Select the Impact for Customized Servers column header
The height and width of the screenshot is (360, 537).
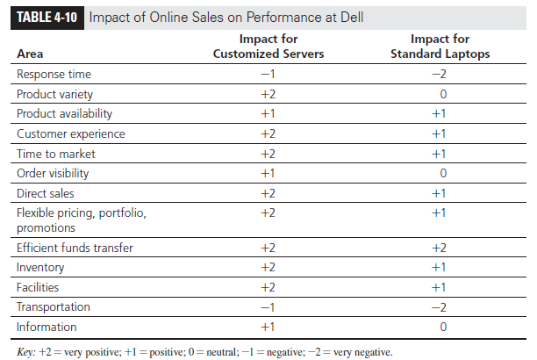(269, 47)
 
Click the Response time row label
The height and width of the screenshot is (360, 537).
(54, 74)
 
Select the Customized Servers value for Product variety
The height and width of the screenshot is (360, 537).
(269, 94)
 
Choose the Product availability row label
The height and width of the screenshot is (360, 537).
(64, 113)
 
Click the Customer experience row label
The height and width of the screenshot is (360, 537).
(70, 133)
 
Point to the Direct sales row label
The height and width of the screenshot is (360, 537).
(47, 192)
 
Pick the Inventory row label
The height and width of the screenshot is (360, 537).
(40, 267)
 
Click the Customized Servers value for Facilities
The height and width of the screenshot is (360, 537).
(269, 287)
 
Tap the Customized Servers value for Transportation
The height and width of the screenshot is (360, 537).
(269, 306)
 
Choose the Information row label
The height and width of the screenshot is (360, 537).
(47, 327)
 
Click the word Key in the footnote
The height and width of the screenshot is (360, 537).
(26, 351)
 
